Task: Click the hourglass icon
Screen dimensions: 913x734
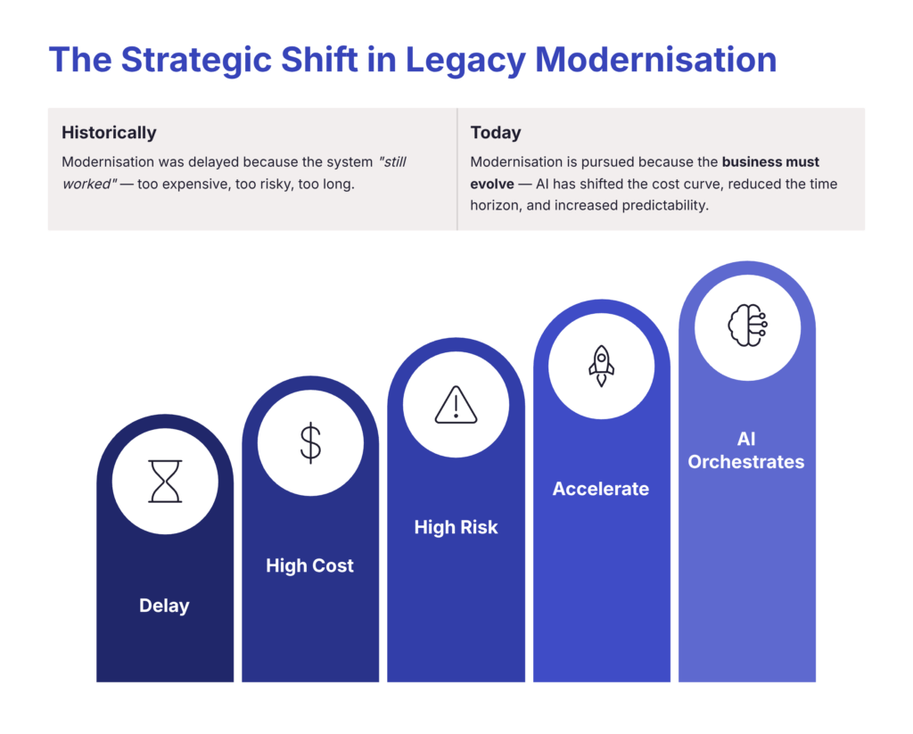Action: pyautogui.click(x=165, y=482)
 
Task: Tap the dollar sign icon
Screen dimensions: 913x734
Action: pyautogui.click(x=310, y=442)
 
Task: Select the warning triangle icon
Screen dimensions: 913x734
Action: pyautogui.click(x=456, y=404)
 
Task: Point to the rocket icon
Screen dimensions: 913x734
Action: pyautogui.click(x=602, y=366)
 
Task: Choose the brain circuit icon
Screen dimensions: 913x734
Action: pyautogui.click(x=748, y=326)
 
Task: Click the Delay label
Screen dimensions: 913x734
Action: pyautogui.click(x=164, y=606)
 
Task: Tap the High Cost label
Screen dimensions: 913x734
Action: pyautogui.click(x=309, y=565)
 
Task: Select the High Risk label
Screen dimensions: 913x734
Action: pyautogui.click(x=456, y=527)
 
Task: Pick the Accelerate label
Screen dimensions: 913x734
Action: pyautogui.click(x=601, y=489)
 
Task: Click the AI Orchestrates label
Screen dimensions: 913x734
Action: pyautogui.click(x=746, y=450)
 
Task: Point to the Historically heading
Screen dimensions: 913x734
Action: pyautogui.click(x=109, y=133)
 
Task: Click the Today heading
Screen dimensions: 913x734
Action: pyautogui.click(x=496, y=133)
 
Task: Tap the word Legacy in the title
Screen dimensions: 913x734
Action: pyautogui.click(x=465, y=61)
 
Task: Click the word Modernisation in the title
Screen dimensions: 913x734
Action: pyautogui.click(x=655, y=60)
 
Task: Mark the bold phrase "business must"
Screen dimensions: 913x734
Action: pyautogui.click(x=770, y=162)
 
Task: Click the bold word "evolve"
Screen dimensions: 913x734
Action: pyautogui.click(x=492, y=184)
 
